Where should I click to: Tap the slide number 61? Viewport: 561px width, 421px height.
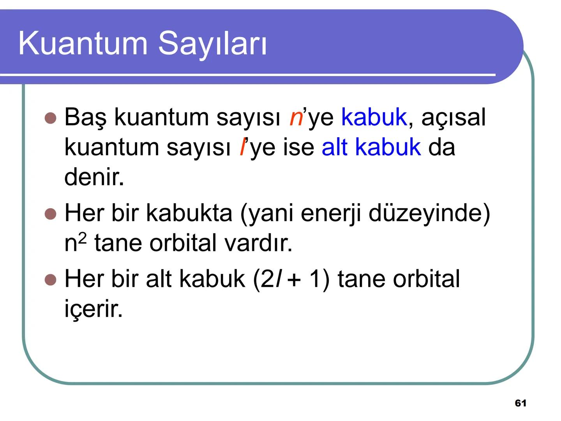[x=520, y=403]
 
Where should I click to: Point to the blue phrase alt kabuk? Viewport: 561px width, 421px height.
[x=371, y=147]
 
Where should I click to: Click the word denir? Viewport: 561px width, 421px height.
[x=94, y=177]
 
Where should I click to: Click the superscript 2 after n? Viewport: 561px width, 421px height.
[x=81, y=237]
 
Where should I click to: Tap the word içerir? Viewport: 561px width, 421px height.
[x=93, y=309]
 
